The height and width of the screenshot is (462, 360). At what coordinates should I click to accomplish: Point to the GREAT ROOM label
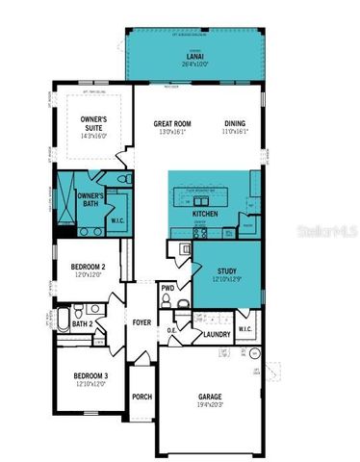(174, 123)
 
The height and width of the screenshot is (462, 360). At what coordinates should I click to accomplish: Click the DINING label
(235, 123)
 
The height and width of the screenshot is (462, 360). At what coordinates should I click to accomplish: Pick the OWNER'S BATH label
(90, 199)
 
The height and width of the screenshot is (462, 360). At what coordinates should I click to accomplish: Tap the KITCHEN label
(204, 213)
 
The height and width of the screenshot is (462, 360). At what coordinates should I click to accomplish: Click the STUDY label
(227, 270)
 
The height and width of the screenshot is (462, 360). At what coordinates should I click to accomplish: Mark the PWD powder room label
(167, 288)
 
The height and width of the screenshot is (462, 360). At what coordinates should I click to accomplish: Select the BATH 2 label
(83, 323)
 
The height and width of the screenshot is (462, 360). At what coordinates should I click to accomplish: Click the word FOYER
(142, 323)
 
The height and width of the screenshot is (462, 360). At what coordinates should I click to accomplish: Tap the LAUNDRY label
(216, 334)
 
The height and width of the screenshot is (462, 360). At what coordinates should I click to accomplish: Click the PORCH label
(142, 396)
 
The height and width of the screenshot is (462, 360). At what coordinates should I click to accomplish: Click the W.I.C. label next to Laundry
(244, 328)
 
